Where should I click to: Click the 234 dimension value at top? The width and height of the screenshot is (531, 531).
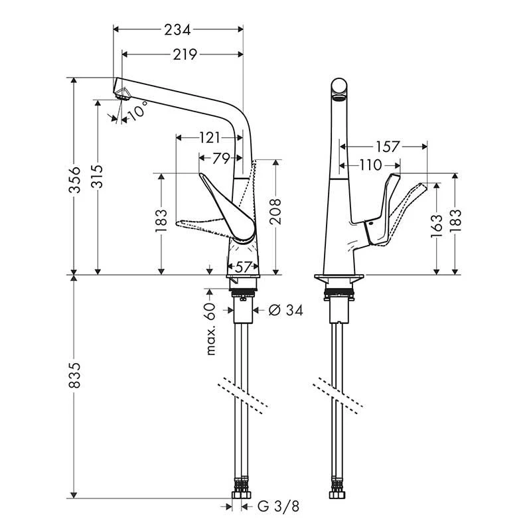[x=178, y=30]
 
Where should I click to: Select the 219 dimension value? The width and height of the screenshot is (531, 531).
[x=185, y=54]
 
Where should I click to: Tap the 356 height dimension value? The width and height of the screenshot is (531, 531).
[x=75, y=179]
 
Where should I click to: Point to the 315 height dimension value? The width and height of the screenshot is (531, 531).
[x=98, y=177]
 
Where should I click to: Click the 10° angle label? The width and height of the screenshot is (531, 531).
[x=138, y=110]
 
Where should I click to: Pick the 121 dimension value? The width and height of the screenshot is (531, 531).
[x=210, y=138]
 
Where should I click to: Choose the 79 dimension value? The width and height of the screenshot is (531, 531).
[x=221, y=158]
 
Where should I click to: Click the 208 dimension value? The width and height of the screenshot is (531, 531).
[x=275, y=212]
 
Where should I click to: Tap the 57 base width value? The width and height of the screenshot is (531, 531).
[x=242, y=267]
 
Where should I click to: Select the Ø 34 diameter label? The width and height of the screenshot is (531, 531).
[x=285, y=310]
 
